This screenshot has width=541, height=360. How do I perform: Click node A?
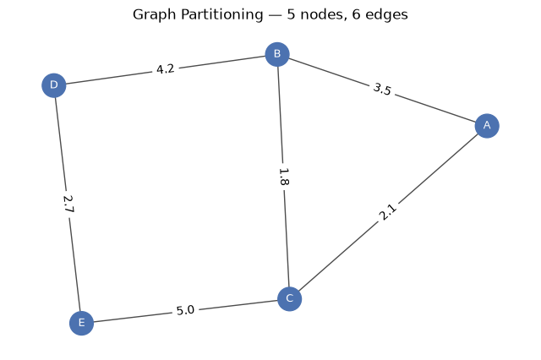487,126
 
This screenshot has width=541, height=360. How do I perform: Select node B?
277,54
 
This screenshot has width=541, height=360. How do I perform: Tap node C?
289,298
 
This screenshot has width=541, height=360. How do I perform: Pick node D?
54,85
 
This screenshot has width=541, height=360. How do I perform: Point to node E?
81,323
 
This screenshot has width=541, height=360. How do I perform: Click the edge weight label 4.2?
166,69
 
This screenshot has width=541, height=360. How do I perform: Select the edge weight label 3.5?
382,90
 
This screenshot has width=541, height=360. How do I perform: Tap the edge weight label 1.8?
283,177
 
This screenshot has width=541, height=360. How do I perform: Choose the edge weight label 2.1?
388,212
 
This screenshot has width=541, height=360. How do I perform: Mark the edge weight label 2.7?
68,205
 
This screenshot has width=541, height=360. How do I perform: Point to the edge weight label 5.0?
186,310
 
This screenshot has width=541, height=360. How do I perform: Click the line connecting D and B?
166,69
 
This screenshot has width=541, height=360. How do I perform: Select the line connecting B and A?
382,90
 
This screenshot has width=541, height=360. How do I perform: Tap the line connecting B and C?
283,177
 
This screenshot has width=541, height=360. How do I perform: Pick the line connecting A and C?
388,212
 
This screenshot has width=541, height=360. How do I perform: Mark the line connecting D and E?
68,205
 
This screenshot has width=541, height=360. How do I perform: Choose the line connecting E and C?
186,311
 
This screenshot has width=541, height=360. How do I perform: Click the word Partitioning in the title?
221,15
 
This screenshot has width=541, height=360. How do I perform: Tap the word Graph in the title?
154,15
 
